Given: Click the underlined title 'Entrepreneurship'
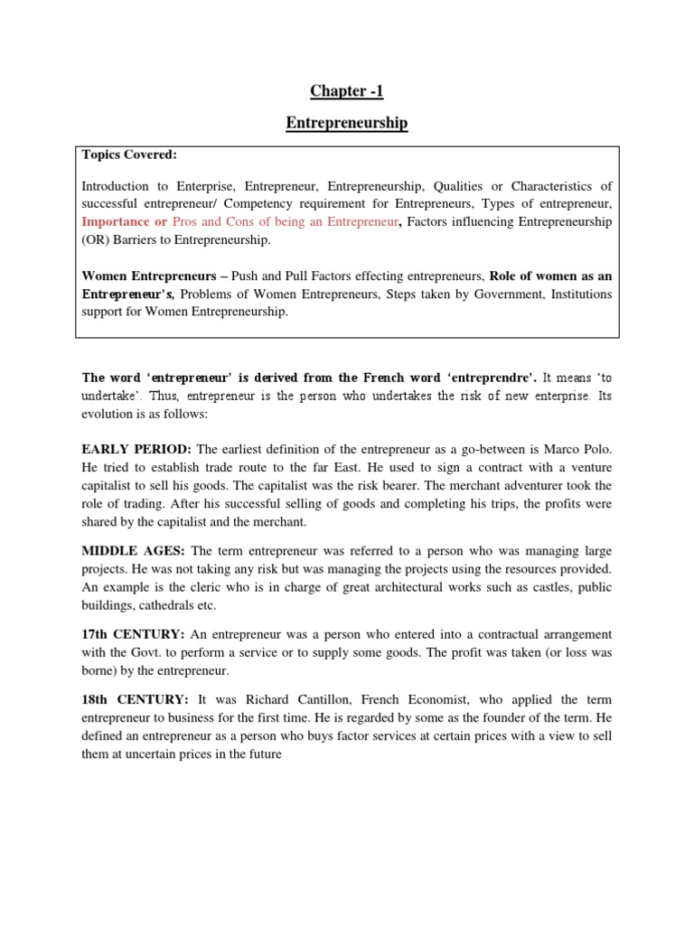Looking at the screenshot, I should pyautogui.click(x=346, y=123).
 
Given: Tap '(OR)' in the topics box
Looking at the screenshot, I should pyautogui.click(x=96, y=240).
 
